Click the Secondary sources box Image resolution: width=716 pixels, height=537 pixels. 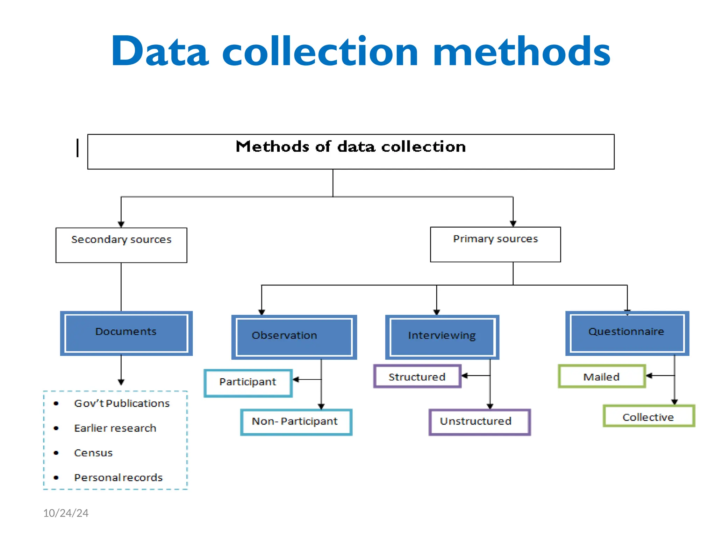[x=121, y=245]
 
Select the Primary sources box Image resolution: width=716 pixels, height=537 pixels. [x=495, y=244]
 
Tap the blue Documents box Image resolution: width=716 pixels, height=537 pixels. [x=126, y=333]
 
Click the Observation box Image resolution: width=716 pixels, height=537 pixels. [x=294, y=337]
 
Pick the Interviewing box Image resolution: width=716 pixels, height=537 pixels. [x=442, y=337]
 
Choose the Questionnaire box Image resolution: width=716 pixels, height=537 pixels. [x=627, y=333]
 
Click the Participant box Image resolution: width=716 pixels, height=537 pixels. [x=248, y=383]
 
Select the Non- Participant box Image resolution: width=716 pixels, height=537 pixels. [x=296, y=422]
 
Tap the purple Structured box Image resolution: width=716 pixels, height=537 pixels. [x=417, y=377]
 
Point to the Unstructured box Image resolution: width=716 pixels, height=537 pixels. [x=480, y=422]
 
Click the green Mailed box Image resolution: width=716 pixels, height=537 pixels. [x=602, y=377]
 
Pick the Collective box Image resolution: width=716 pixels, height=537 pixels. [x=649, y=416]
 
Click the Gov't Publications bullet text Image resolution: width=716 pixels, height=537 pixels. [x=122, y=403]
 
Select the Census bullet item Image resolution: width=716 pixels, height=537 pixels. [x=93, y=453]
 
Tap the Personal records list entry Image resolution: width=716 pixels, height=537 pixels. [x=118, y=478]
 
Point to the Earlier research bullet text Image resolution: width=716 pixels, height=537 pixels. [x=115, y=428]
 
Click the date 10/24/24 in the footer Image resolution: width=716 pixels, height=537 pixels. [x=66, y=513]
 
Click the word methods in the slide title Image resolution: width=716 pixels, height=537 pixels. [x=521, y=51]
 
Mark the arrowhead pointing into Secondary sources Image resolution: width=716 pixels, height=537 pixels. [x=121, y=224]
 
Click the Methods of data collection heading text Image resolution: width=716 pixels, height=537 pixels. [x=351, y=147]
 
